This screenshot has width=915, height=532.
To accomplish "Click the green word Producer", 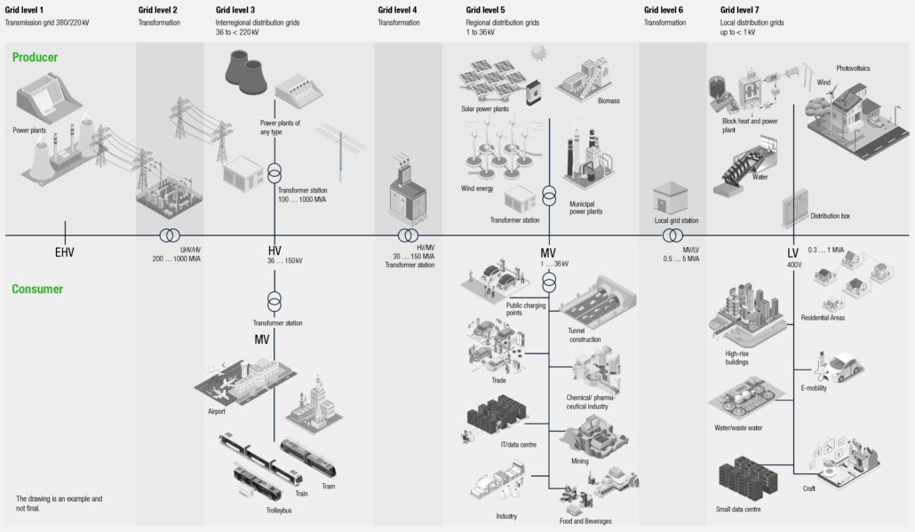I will coord(36,58).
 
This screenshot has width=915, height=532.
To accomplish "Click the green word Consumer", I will coord(37,290).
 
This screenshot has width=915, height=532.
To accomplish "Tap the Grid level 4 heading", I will coord(398,10).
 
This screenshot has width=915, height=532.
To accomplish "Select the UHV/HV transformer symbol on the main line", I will coord(168,235).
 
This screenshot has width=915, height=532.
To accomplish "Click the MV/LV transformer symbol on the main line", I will coord(672,235).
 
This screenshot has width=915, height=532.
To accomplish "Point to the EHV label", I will coord(64,252).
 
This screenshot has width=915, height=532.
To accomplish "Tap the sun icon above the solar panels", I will coord(538,53).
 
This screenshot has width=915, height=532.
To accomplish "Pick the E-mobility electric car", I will coord(839,364).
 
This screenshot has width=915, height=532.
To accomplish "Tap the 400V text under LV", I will coord(793,265).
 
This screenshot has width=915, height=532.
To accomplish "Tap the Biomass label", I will coord(609,100).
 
